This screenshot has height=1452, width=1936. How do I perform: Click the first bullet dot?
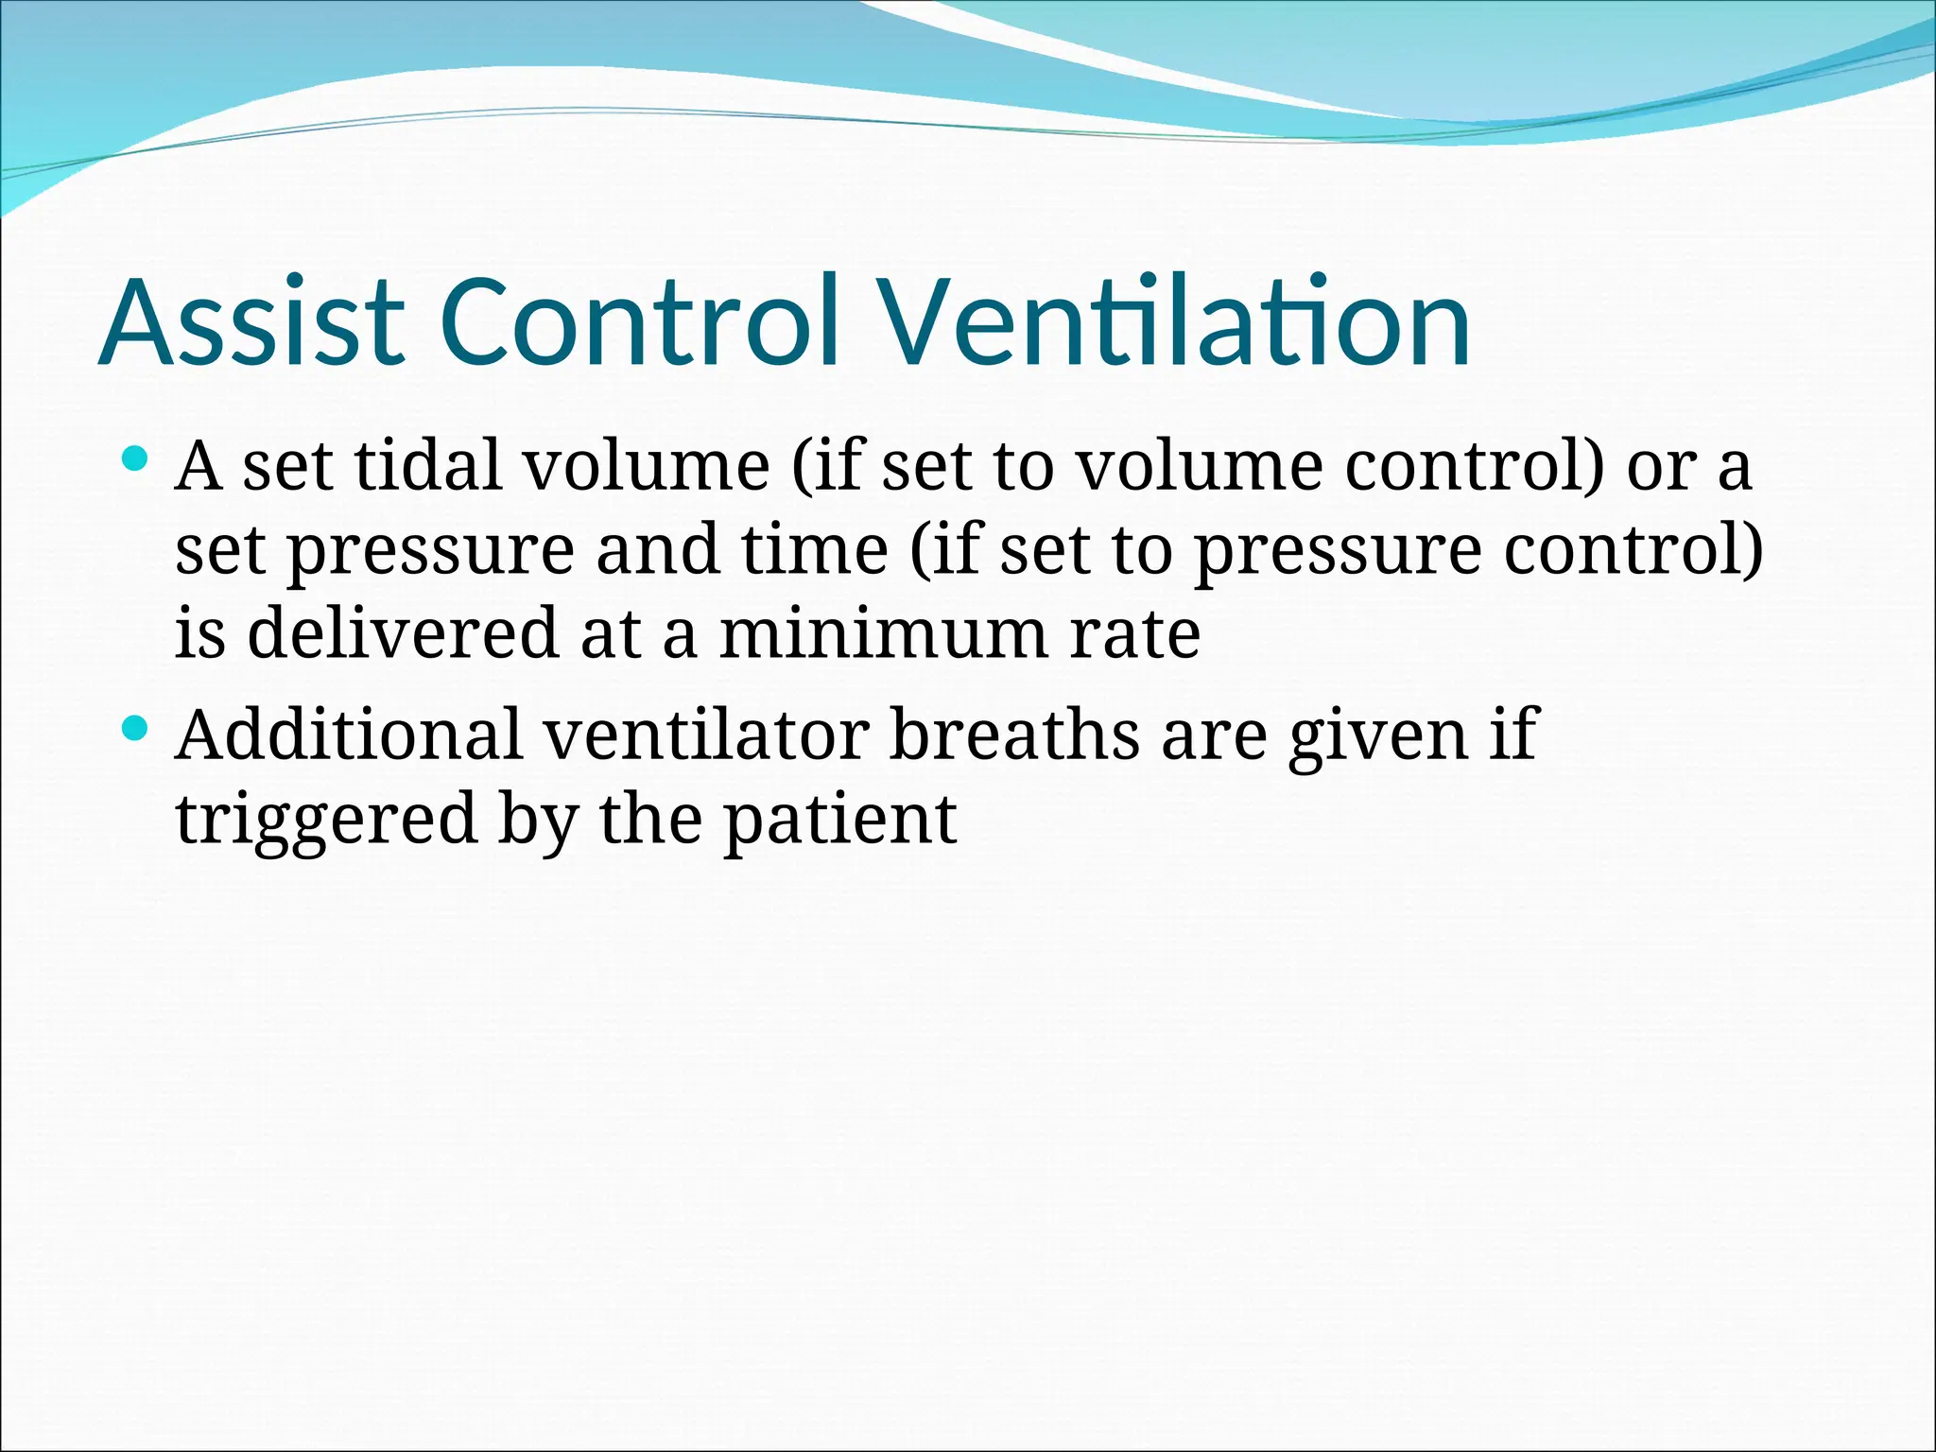136,460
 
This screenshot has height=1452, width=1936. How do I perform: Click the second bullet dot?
136,728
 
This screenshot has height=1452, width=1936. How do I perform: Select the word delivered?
403,632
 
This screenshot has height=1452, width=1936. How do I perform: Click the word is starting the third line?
200,632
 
